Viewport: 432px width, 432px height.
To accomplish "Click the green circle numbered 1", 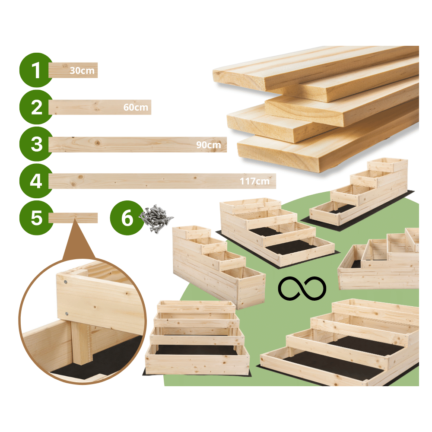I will point(36,70).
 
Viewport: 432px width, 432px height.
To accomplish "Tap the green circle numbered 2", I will point(36,107).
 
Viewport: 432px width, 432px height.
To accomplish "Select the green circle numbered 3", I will point(36,144).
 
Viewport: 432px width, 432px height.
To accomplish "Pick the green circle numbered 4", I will point(36,181).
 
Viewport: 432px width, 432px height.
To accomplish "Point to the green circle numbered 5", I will point(36,218).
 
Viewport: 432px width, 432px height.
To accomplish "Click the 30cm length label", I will point(82,70).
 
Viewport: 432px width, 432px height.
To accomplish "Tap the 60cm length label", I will point(136,107).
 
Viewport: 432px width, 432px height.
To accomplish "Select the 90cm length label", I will point(208,145).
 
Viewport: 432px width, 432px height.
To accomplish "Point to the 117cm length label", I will point(255,181).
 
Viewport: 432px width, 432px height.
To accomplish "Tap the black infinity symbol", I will point(302,288).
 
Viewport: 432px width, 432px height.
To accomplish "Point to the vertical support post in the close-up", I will point(81,343).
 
